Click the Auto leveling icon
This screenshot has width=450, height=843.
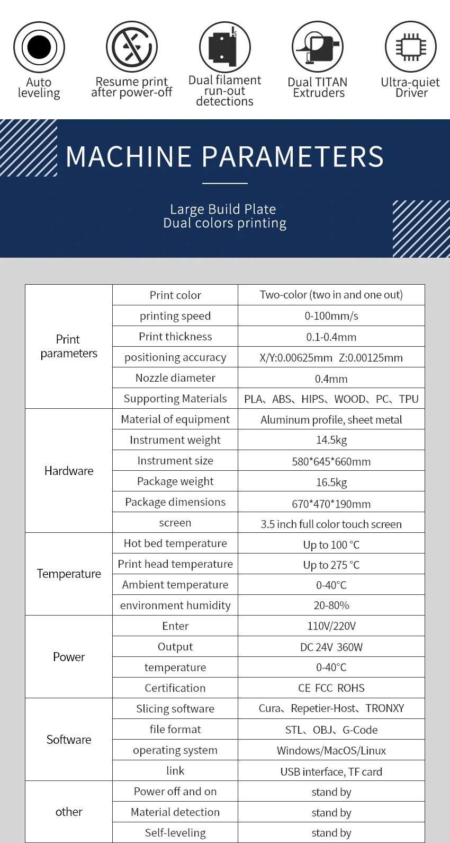coord(39,47)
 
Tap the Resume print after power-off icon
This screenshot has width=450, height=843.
coord(132,47)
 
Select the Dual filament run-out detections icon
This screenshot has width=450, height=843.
coord(225,47)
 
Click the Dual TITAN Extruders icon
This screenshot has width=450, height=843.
coord(318,47)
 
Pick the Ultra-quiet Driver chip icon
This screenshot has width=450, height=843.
coord(411,47)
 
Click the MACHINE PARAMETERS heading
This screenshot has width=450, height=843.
coord(225,157)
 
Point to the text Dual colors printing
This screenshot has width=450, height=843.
coord(225,223)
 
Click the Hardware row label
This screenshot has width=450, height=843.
coord(69,471)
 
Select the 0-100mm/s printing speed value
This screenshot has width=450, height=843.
coord(331,316)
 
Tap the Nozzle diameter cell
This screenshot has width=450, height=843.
coord(175,378)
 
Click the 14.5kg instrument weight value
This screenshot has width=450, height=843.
coord(331,440)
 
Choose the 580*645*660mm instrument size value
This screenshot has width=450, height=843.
coord(331,461)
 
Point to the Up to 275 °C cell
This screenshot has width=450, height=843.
coord(331,565)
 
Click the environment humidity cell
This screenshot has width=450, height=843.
coord(175,605)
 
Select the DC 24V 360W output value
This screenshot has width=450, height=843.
coord(331,647)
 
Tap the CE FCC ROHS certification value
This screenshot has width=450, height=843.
coord(331,688)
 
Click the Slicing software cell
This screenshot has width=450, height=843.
coord(175,709)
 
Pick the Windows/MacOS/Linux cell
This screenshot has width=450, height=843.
coord(331,751)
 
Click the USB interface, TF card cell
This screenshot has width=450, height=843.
coord(331,772)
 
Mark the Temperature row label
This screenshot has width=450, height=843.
coord(69,574)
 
